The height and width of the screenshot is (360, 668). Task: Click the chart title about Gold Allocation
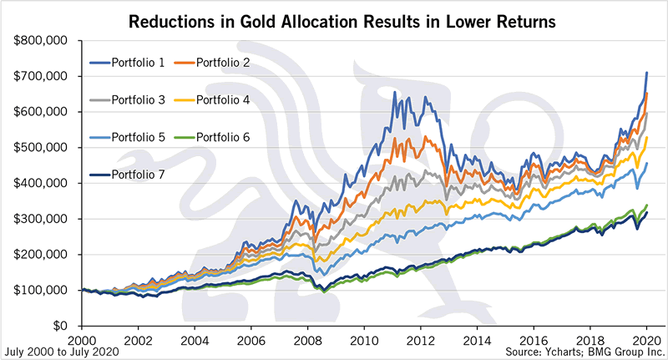point(334,18)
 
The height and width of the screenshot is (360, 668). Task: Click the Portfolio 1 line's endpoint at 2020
point(647,73)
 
